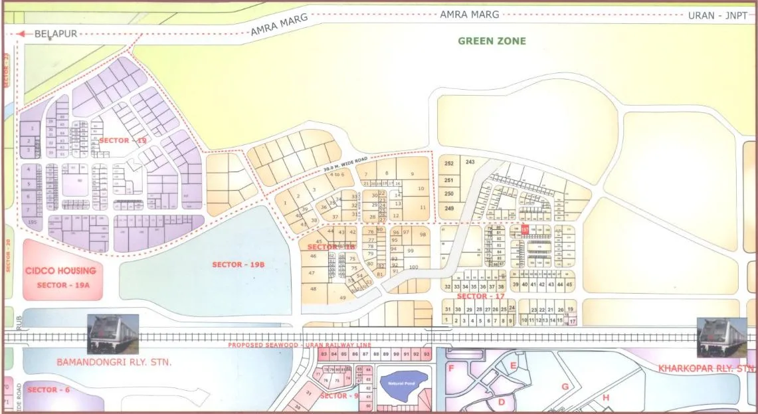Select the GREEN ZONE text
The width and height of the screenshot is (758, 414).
tap(492, 41)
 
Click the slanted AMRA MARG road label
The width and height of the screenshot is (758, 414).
tap(279, 26)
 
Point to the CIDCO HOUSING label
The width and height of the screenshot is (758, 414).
tap(60, 271)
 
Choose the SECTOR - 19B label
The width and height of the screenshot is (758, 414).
tap(238, 264)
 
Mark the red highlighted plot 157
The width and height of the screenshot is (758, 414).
tap(525, 230)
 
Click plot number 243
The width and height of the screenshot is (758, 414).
tap(470, 162)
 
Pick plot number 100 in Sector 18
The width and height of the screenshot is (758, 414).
tap(413, 267)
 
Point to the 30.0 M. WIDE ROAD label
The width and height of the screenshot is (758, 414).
tap(345, 163)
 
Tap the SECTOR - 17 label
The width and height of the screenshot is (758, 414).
tap(482, 296)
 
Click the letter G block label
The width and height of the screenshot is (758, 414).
tap(565, 387)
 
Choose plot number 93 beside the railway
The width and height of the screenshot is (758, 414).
tap(426, 355)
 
